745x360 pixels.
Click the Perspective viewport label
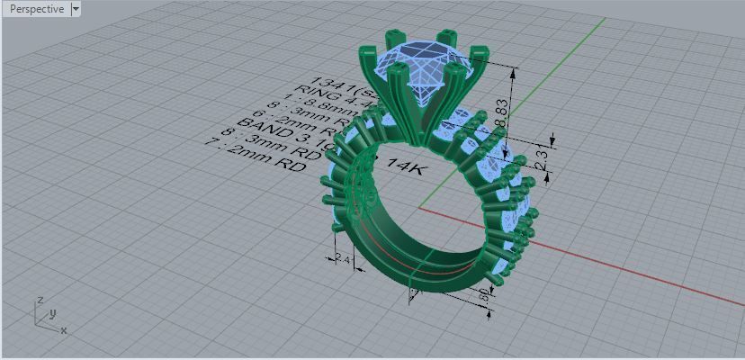pos(36,9)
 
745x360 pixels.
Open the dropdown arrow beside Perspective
pos(76,9)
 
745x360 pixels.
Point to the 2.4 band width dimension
pos(342,259)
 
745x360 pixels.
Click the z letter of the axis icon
pos(40,301)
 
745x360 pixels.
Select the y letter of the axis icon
pos(53,312)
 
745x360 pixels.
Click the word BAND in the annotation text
pos(259,122)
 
